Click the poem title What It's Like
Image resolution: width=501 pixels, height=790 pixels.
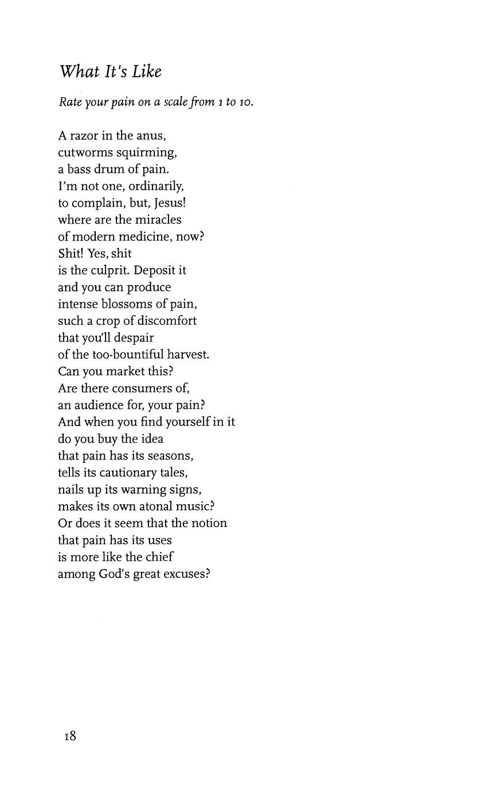click(110, 72)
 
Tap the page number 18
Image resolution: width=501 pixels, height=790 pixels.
click(70, 736)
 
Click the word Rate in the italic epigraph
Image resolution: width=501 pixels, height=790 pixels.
click(70, 103)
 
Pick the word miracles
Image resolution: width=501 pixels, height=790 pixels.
click(159, 220)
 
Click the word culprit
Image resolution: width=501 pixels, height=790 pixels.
click(105, 270)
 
